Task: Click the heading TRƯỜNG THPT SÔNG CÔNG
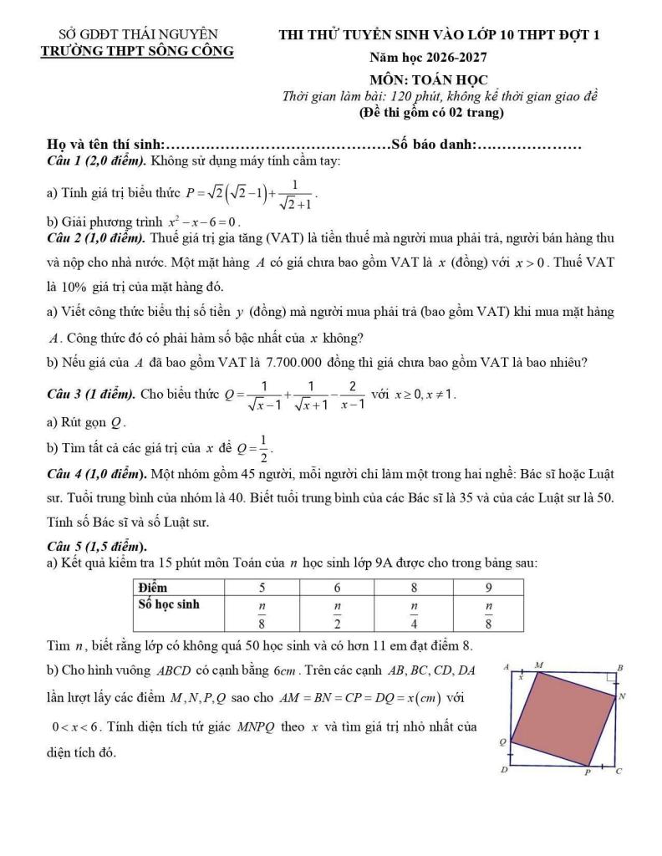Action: coord(138,51)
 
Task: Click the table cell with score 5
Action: coord(262,587)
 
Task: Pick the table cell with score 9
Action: coord(488,587)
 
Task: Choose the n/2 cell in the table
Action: coord(338,612)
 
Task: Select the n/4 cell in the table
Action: coord(413,612)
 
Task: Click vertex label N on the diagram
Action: coord(622,695)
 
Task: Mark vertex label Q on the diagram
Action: coord(503,741)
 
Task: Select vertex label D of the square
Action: coord(503,769)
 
